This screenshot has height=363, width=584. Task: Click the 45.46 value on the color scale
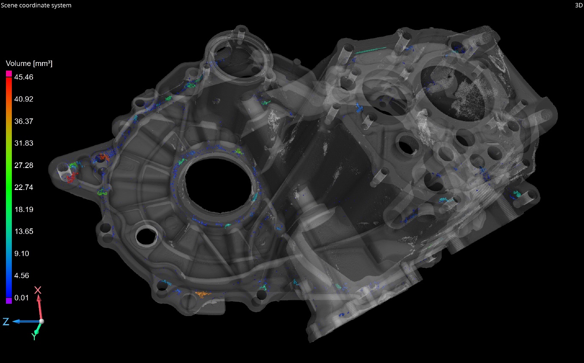tap(24, 77)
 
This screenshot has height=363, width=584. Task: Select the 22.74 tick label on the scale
tap(24, 187)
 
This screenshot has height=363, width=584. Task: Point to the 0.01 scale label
tap(22, 298)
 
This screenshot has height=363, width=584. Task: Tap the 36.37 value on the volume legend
tap(24, 121)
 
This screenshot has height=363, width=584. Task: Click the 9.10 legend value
tap(22, 253)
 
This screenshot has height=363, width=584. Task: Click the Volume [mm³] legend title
tap(29, 63)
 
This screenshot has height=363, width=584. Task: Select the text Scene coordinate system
tap(36, 5)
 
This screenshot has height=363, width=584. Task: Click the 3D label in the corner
tap(579, 5)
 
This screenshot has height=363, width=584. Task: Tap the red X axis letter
tap(38, 290)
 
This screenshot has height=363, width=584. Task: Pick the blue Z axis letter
tap(6, 322)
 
